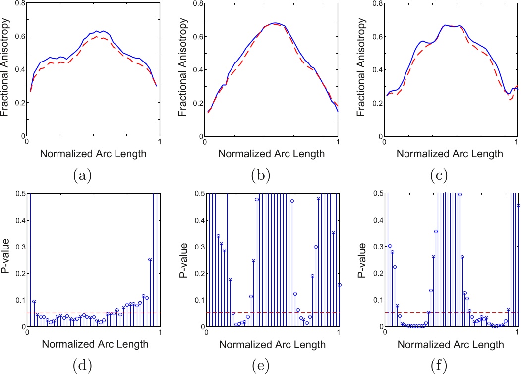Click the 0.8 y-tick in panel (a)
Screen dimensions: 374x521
coord(19,3)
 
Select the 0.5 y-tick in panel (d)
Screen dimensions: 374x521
coord(19,193)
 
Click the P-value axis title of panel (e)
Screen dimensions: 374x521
coord(183,260)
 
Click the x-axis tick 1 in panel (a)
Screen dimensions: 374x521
coord(159,142)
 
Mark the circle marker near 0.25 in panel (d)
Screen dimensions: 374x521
coord(150,259)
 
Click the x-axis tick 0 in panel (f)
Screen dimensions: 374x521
coord(385,332)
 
